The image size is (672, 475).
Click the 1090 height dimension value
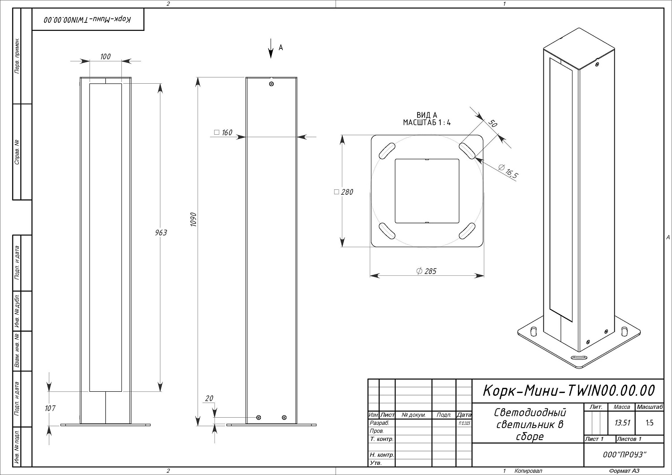pos(194,219)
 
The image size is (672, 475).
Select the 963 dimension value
pos(161,232)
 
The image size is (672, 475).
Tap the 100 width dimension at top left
pos(105,56)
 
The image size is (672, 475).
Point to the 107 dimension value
pos(50,408)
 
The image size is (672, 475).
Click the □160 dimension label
pos(224,133)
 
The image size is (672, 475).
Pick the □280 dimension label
pos(344,192)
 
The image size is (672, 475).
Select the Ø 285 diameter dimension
pos(426,271)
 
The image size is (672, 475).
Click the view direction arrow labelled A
pos(271,48)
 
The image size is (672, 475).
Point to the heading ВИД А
pos(426,116)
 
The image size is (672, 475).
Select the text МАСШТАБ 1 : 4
pos(426,122)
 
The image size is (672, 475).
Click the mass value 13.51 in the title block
pos(622,423)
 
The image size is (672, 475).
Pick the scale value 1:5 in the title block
pos(650,423)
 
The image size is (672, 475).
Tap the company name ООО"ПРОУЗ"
pos(624,455)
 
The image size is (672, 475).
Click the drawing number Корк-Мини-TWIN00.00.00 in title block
pos(568,390)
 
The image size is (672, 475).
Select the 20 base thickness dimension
pos(209,398)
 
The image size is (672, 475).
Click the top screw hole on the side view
pos(271,84)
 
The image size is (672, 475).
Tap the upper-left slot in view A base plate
pos(387,150)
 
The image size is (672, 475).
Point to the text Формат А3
pos(624,471)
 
